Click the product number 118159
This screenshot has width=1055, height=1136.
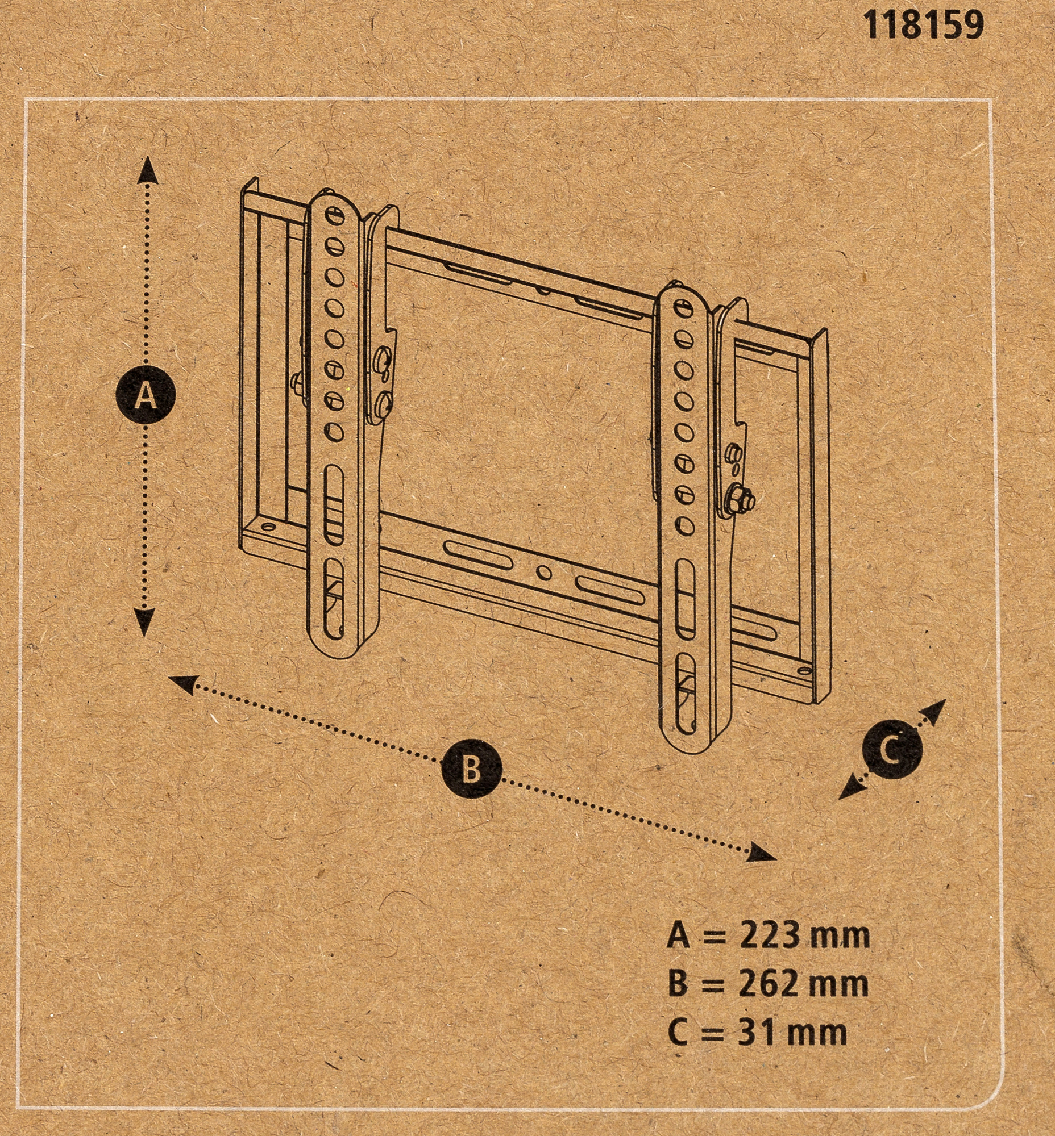point(923,26)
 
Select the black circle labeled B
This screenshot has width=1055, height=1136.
point(472,769)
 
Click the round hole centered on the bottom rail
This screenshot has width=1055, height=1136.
point(544,571)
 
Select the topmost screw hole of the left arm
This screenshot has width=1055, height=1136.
point(334,215)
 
